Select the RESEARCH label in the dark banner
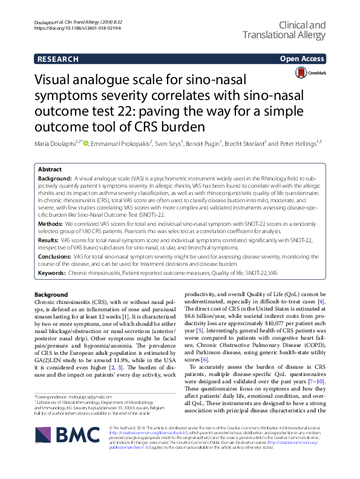[x=57, y=59]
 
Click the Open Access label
[x=301, y=59]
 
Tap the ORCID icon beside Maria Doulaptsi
[x=87, y=144]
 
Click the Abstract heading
[x=50, y=171]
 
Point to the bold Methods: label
[x=50, y=223]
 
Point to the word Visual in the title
[x=57, y=81]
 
